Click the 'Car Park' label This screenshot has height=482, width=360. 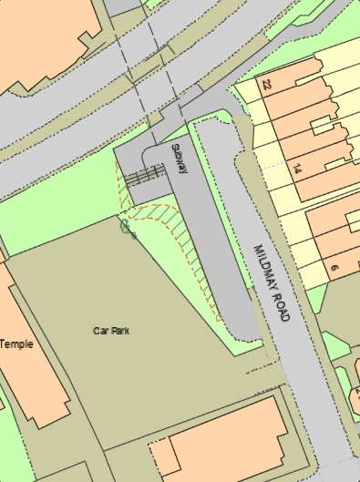click(x=110, y=331)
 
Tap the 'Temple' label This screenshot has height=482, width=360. click(x=16, y=344)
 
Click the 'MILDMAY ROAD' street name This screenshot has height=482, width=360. click(x=272, y=282)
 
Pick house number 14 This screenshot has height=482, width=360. click(x=297, y=169)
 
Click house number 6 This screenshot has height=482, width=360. click(x=334, y=267)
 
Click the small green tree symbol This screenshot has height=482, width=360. click(x=126, y=226)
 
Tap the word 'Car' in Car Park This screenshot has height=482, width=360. click(x=99, y=331)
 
